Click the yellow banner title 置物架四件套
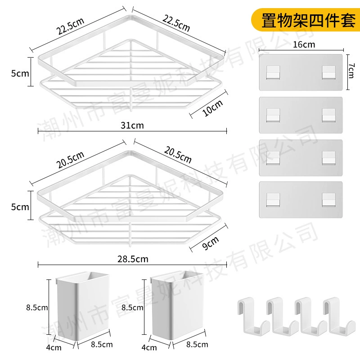coord(308,20)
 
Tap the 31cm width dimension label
coord(132,126)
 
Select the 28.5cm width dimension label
coord(133,259)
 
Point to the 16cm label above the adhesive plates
coord(304,44)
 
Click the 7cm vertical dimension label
coord(351,71)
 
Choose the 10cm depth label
coord(212,108)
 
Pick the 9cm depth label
coord(210,243)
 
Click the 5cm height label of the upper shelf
coord(20,73)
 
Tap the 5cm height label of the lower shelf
coord(20,207)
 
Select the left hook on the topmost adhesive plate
coord(273,72)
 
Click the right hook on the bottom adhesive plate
coord(328,199)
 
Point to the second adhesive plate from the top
coord(301,115)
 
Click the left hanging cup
coord(83,306)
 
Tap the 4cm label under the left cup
coord(54,347)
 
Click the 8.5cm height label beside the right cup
coord(132,307)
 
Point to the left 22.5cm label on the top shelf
coord(70,26)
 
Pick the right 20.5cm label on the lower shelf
coord(178,155)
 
